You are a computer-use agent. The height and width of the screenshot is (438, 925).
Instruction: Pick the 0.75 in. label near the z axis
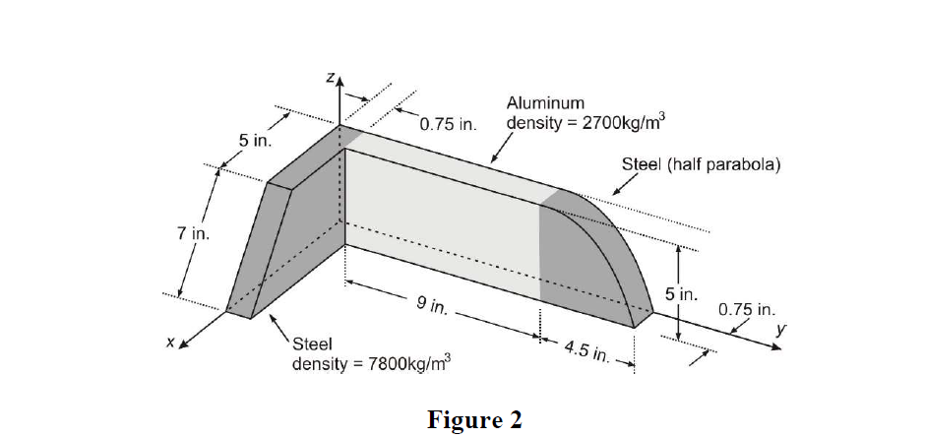coord(447,125)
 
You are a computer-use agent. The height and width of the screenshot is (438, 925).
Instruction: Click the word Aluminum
coord(545,102)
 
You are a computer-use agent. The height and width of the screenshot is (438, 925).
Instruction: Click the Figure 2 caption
coord(474,419)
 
